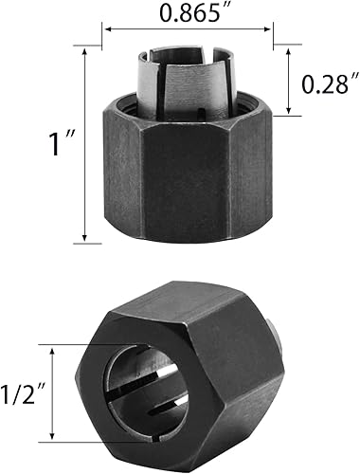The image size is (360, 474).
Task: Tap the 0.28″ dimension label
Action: coord(327,83)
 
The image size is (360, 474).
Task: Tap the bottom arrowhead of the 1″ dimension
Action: coord(86,240)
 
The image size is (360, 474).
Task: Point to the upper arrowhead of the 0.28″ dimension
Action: coord(289,53)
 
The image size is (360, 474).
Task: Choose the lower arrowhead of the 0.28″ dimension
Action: coord(289,114)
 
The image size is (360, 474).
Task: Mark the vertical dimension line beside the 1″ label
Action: coord(86,146)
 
